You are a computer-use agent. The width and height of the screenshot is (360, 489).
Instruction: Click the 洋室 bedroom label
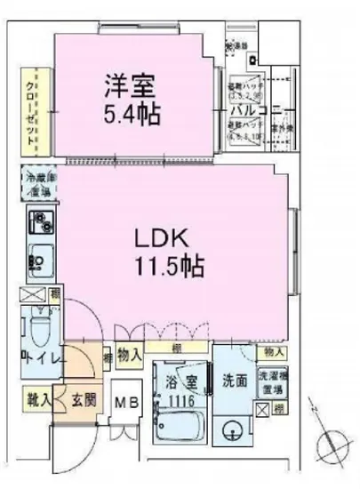coord(129,87)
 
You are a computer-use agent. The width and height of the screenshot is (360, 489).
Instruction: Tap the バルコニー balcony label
coord(256,110)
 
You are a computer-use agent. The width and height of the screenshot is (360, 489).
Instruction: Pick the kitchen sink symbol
coord(37,261)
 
